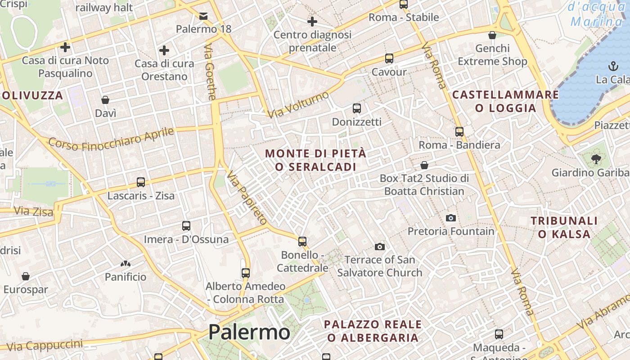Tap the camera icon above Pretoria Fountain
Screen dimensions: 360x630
tap(450, 218)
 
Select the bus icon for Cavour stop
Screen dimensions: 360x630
tap(389, 58)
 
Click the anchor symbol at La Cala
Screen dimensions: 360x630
tap(613, 67)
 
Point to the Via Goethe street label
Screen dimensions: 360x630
tap(210, 72)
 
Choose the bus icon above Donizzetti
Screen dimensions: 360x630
tap(356, 108)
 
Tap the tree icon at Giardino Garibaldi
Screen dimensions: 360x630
tap(597, 159)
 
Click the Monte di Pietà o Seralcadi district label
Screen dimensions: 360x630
tap(315, 160)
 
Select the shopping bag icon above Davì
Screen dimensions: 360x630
tap(105, 100)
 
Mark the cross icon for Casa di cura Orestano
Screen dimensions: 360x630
tap(164, 50)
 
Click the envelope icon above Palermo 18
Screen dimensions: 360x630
tap(203, 16)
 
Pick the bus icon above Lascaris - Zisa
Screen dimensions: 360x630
tap(141, 182)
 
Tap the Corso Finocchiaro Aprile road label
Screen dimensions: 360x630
tap(111, 139)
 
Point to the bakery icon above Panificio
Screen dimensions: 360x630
tap(126, 264)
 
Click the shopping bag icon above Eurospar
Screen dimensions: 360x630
tap(26, 276)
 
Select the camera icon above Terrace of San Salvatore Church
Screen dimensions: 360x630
tap(380, 247)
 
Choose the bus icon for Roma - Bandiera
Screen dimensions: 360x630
tap(459, 132)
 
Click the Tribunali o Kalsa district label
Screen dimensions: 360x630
tap(564, 227)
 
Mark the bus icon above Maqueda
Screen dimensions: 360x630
tap(499, 334)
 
